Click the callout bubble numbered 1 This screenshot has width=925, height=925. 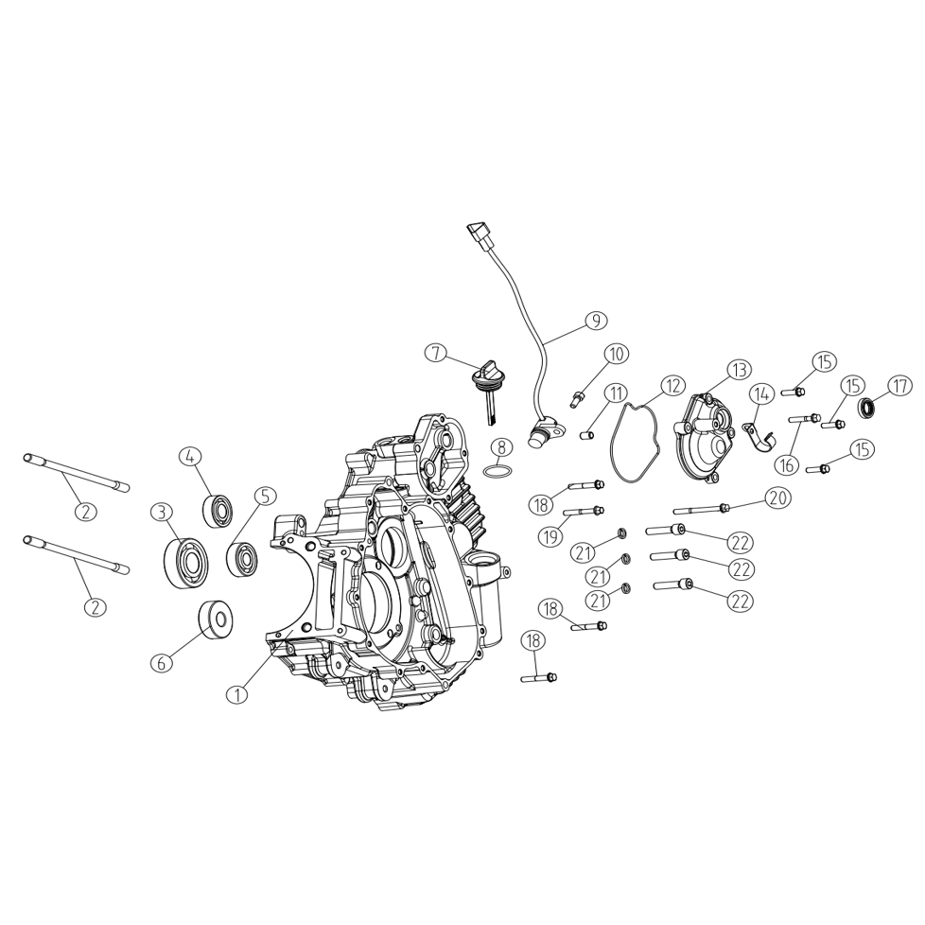[237, 694]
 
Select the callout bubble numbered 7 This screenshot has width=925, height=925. [435, 354]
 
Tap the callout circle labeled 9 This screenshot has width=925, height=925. [596, 321]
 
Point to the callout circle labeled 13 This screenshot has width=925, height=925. [740, 370]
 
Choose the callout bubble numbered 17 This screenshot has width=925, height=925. [899, 387]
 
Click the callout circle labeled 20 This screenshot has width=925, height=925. [778, 497]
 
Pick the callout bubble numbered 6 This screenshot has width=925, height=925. [161, 662]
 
